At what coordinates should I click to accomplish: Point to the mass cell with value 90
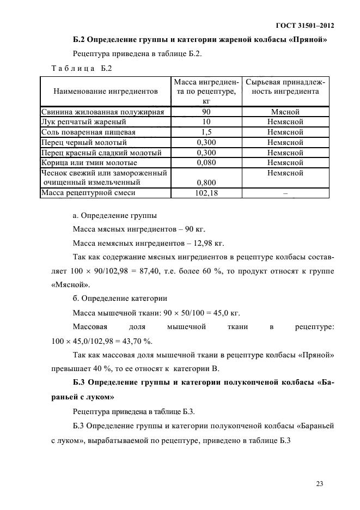point(206,112)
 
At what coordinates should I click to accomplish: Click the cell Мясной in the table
point(285,112)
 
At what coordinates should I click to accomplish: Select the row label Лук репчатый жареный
point(84,122)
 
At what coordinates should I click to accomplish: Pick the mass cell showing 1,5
point(206,132)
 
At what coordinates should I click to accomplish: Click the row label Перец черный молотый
point(84,142)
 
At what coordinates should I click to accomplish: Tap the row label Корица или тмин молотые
point(89,162)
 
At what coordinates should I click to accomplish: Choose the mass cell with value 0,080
point(206,162)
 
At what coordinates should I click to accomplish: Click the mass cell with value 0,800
point(206,183)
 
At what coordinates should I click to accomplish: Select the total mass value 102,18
point(206,192)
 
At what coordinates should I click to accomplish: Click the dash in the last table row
point(285,193)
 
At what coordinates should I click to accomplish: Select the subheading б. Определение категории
point(120,299)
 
